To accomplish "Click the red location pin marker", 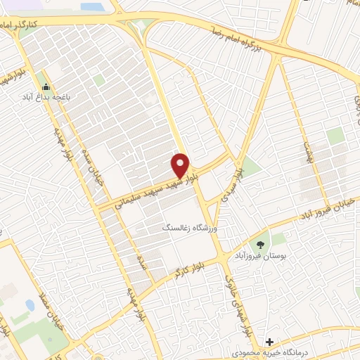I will pos(181,165).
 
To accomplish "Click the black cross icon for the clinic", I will pos(269,342).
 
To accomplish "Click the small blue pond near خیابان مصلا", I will pos(30,306).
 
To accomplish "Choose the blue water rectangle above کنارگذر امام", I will pos(91,6).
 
